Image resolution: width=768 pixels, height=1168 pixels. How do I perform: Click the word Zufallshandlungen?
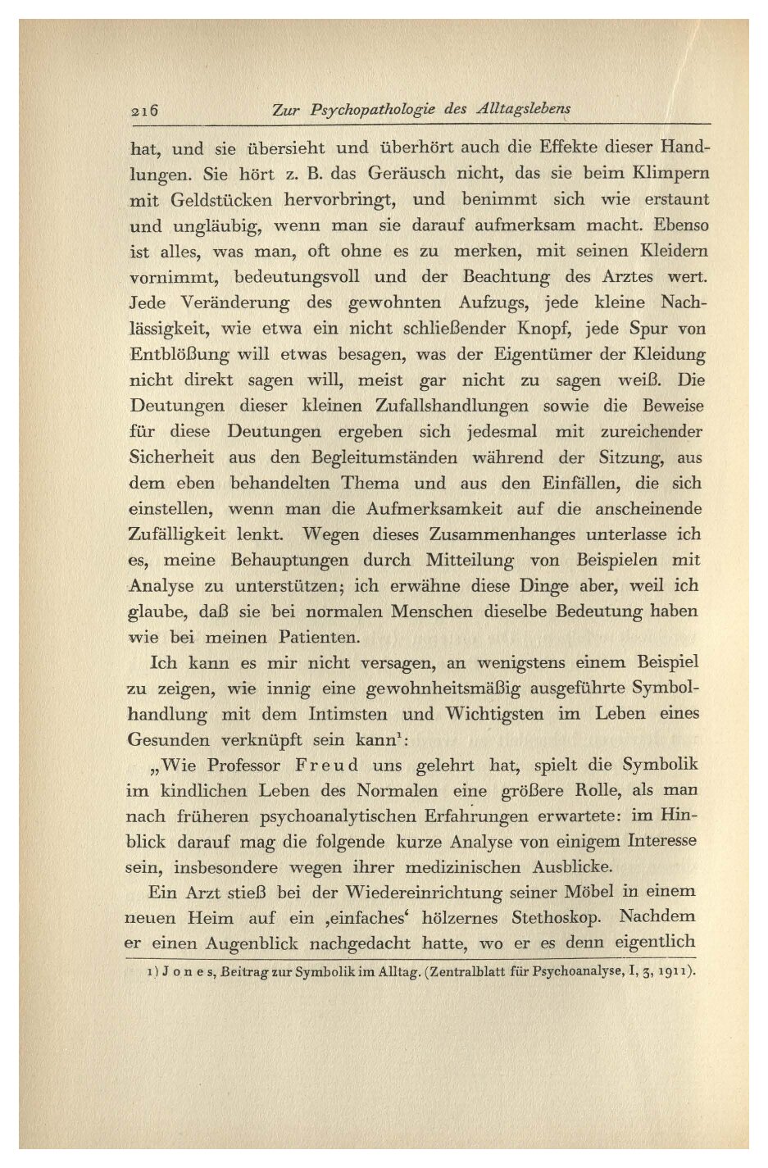click(452, 407)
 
